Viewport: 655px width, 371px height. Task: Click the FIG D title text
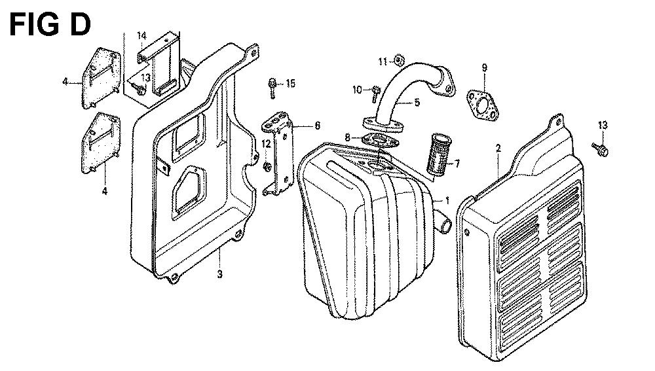tap(50, 25)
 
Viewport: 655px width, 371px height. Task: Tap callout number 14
tap(142, 35)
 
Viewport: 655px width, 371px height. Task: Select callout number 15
tap(291, 83)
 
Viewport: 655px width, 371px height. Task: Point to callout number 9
tap(484, 67)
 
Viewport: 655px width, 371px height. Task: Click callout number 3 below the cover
tap(219, 274)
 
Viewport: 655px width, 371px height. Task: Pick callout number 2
tap(498, 148)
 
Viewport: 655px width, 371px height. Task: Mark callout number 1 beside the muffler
tap(447, 201)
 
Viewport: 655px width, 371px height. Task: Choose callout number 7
tap(457, 164)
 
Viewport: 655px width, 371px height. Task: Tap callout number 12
tap(267, 144)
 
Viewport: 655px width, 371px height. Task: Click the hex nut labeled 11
tap(398, 60)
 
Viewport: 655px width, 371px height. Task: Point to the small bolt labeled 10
tap(375, 94)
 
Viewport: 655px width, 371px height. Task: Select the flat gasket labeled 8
tap(380, 141)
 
